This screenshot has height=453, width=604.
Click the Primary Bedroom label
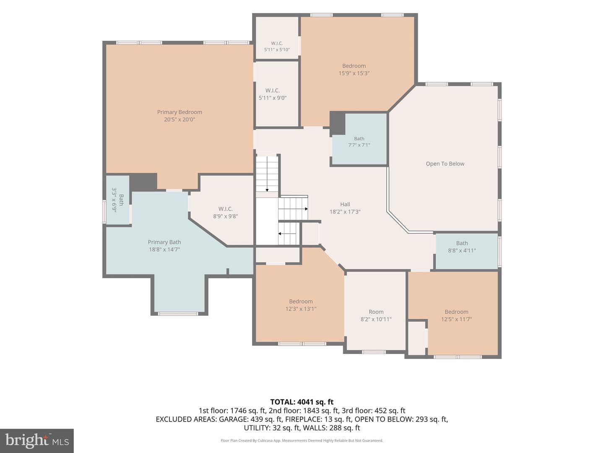point(180,112)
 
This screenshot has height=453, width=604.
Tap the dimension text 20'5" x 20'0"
point(180,120)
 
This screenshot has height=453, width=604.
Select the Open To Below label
point(445,164)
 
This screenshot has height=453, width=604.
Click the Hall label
point(345,204)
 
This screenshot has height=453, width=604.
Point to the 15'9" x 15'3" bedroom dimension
point(354,73)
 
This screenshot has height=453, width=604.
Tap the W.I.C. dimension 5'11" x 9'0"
point(272,98)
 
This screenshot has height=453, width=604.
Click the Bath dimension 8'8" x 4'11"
point(462,250)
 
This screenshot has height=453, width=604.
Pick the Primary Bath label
point(164,242)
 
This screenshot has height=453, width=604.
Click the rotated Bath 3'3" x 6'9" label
point(118,200)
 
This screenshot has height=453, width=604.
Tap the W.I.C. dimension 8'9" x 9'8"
point(225,216)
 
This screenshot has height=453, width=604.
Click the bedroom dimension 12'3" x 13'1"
point(301,309)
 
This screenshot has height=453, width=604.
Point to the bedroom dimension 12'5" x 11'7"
point(456,319)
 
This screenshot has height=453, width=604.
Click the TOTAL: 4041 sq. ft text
point(302,402)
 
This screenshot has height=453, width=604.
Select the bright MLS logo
point(37,440)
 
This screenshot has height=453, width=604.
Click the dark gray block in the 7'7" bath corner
point(337,123)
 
